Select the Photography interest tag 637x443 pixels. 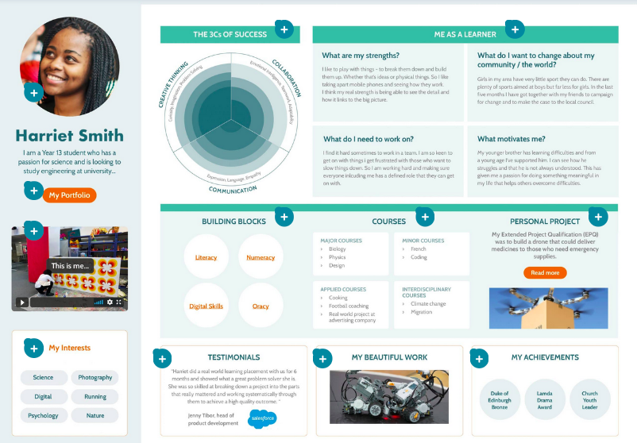click(x=95, y=378)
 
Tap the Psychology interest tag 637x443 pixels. click(x=43, y=415)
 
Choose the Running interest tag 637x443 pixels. click(x=95, y=396)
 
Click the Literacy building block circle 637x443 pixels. click(x=206, y=257)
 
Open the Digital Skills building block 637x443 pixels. click(x=206, y=306)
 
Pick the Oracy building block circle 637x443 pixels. click(x=261, y=306)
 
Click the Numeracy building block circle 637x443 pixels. click(x=261, y=257)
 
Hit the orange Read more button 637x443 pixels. click(x=545, y=272)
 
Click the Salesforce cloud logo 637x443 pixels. click(x=262, y=418)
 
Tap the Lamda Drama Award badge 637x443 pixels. click(x=545, y=399)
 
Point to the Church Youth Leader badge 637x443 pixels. click(x=589, y=399)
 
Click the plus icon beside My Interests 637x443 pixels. click(x=33, y=348)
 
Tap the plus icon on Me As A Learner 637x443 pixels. click(x=515, y=30)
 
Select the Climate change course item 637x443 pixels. click(x=429, y=304)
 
